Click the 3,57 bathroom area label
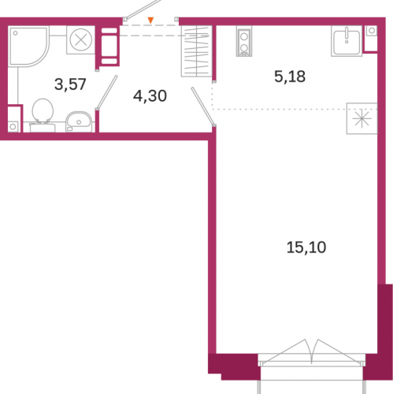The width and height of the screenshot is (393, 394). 70,84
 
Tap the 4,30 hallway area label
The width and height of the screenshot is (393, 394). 150,96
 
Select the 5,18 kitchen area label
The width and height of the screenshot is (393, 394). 290,76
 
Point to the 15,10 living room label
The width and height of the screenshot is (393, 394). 306,247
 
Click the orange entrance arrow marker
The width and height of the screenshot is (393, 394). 150,20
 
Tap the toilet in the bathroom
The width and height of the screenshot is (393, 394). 43,115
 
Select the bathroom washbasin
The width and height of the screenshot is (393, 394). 79,122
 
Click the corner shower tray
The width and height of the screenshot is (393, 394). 28,46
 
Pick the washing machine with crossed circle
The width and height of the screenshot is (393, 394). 81,40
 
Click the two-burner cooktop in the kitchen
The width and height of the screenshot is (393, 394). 244,41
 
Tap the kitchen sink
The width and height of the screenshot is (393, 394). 347,41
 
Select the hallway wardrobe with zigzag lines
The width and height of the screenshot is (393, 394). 196,51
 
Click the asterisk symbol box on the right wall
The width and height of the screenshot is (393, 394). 361,118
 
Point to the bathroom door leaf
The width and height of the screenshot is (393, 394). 106,92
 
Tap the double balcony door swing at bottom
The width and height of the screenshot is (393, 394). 312,352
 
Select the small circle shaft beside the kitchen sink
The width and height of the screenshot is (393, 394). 372,31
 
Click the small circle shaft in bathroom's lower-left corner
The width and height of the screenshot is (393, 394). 13,127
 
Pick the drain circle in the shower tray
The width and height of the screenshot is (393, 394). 16,33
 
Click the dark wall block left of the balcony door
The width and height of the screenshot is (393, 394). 233,366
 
